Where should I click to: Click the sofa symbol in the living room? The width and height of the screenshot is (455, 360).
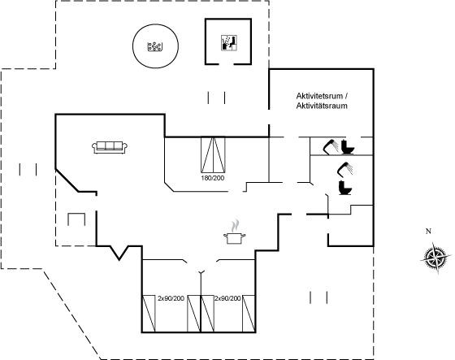tap(110, 147)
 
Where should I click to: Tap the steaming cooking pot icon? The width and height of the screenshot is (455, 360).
tap(235, 232)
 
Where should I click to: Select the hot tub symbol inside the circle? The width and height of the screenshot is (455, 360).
tap(155, 46)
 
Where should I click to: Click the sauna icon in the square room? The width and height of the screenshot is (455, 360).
tap(229, 43)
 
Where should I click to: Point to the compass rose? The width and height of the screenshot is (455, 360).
tap(435, 258)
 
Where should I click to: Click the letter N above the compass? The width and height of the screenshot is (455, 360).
tap(428, 232)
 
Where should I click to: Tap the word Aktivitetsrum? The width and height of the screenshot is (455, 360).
tap(319, 96)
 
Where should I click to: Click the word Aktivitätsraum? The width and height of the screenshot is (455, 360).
tap(322, 106)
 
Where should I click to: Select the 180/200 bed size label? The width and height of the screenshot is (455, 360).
tap(213, 178)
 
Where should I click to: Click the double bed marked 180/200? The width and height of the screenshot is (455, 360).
tap(213, 154)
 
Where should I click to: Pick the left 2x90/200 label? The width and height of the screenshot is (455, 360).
tap(171, 298)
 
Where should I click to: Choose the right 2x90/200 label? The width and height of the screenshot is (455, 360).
tap(227, 298)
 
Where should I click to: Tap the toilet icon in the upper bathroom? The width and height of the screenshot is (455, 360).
tap(348, 147)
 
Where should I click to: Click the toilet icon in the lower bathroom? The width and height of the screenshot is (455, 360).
tap(345, 187)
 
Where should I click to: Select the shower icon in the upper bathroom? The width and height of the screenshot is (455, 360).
tap(331, 146)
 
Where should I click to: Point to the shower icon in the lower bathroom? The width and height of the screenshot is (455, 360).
tap(345, 169)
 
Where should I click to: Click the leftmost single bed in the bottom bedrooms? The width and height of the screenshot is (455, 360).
tap(149, 314)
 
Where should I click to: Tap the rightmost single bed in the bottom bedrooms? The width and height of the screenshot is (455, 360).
tap(249, 314)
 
